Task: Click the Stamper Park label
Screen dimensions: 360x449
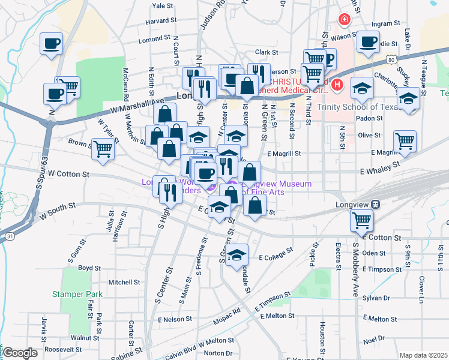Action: click(x=77, y=294)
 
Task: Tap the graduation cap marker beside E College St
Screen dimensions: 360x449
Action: click(x=237, y=254)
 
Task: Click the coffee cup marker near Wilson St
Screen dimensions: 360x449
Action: click(x=367, y=43)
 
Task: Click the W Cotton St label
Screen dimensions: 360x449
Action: click(x=68, y=174)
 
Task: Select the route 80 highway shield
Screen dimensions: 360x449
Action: click(x=391, y=60)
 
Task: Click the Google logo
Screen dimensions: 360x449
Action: click(x=20, y=353)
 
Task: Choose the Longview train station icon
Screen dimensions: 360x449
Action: click(x=375, y=204)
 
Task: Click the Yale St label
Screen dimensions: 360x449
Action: click(x=163, y=6)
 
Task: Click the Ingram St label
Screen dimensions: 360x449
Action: click(x=385, y=24)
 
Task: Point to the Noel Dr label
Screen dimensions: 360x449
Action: click(x=373, y=338)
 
